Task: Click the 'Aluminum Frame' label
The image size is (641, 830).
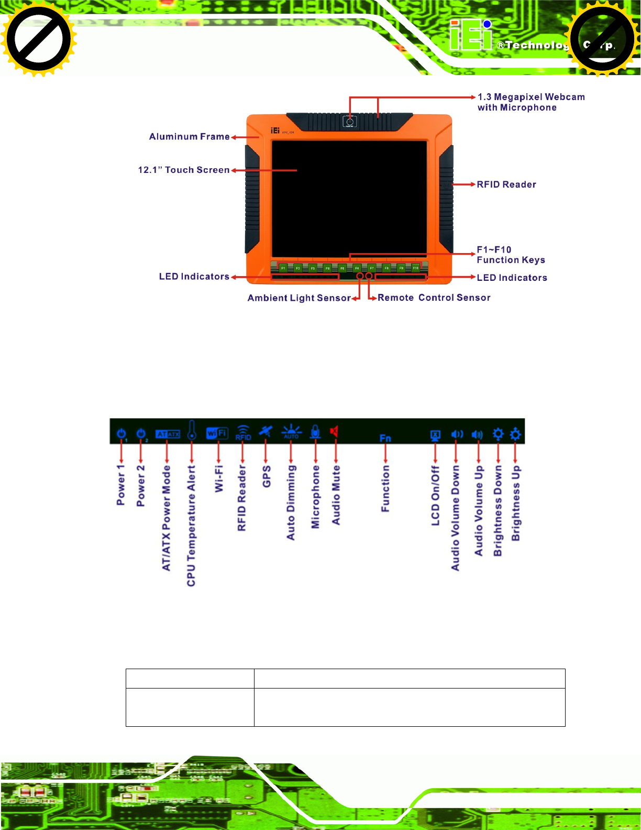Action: [189, 137]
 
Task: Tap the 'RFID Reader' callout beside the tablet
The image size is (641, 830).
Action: [506, 184]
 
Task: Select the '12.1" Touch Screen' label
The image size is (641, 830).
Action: [183, 170]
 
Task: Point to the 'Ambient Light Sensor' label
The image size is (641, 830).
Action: [299, 298]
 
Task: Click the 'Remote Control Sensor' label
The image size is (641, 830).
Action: [434, 298]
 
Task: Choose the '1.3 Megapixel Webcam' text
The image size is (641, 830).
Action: [531, 97]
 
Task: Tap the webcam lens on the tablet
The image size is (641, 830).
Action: [350, 122]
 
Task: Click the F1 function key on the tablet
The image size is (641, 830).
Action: [283, 268]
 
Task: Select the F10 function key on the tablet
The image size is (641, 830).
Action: [415, 268]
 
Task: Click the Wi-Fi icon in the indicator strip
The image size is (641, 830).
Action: [217, 433]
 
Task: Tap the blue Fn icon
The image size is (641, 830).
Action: [385, 438]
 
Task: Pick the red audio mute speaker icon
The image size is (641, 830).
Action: [334, 431]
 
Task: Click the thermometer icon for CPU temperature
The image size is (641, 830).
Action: [192, 430]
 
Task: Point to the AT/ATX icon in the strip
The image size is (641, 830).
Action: [168, 434]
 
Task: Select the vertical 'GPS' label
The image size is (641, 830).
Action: [267, 476]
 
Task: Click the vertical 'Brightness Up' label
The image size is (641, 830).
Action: [516, 503]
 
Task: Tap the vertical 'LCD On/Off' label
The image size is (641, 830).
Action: [435, 495]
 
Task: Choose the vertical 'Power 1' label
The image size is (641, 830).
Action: [121, 485]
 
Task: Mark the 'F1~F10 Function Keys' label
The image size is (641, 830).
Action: [510, 255]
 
